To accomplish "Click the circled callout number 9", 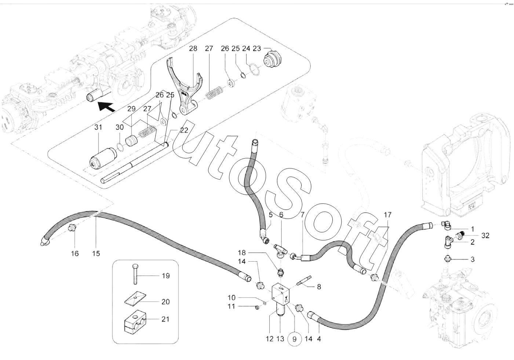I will click(x=294, y=339).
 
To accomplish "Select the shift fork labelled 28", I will click(x=185, y=88).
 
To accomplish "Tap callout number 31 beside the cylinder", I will click(x=98, y=128).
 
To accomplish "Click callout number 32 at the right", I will click(x=485, y=235).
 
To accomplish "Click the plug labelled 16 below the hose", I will click(x=72, y=230).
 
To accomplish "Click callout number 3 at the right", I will click(x=473, y=259).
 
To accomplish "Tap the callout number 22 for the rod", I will click(x=184, y=130).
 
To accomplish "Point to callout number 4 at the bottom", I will click(x=319, y=339).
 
